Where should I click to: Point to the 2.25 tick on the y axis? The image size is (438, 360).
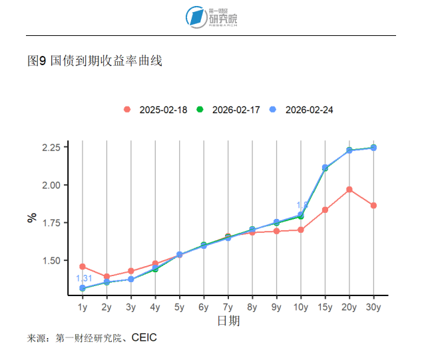pos(55,147)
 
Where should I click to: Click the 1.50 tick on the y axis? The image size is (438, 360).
pos(55,260)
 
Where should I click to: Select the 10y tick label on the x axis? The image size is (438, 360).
pos(301,307)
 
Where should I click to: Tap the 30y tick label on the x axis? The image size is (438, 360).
pos(373,307)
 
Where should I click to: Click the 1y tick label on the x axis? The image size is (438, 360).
pos(83,307)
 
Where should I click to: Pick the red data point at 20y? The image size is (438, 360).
pos(349,190)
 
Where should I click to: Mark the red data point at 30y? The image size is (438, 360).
pos(373,206)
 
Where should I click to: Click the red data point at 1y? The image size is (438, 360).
pos(83,267)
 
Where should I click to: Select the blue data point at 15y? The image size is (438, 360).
pos(325,168)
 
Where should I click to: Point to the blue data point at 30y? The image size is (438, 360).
pos(373,148)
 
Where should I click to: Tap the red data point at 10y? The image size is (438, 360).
pos(301,230)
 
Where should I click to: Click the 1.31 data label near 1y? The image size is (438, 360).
pos(84,278)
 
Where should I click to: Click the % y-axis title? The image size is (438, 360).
pos(31,218)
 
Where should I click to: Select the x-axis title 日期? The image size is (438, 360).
pos(228,321)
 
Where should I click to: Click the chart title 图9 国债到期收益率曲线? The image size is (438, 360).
pos(95,61)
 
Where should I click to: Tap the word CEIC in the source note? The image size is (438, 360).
pos(144,338)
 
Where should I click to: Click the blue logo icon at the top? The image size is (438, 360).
pos(196,17)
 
